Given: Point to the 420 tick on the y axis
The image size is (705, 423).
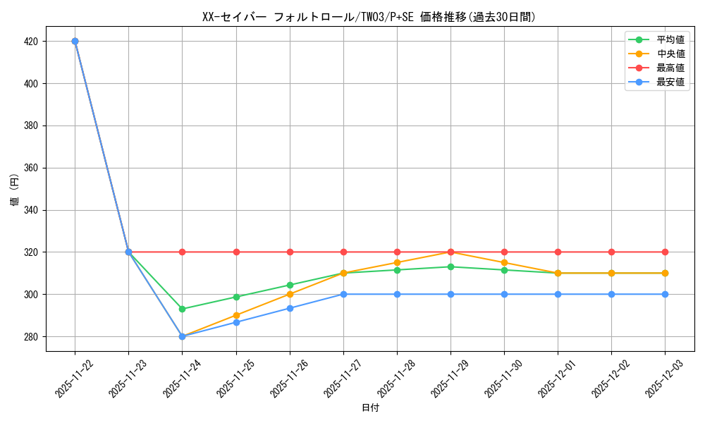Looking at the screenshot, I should pos(30,42).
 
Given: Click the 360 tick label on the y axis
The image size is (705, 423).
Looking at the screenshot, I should pos(30,168).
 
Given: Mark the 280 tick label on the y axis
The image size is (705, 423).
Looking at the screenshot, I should pos(30,336).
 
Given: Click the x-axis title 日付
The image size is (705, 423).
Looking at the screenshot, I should pos(370,408).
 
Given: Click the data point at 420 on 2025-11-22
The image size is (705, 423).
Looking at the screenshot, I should pos(75,41).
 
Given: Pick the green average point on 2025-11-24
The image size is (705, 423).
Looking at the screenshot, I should pos(183,309).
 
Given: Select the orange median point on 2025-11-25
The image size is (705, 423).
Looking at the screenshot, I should pos(236,315).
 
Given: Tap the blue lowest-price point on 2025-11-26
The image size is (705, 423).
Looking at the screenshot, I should pos(290,308).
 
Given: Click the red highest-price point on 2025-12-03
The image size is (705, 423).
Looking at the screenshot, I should pos(665,252).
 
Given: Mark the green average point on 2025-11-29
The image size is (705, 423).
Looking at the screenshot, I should pos(450,266).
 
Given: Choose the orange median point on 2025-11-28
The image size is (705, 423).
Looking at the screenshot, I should pos(397,262).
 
